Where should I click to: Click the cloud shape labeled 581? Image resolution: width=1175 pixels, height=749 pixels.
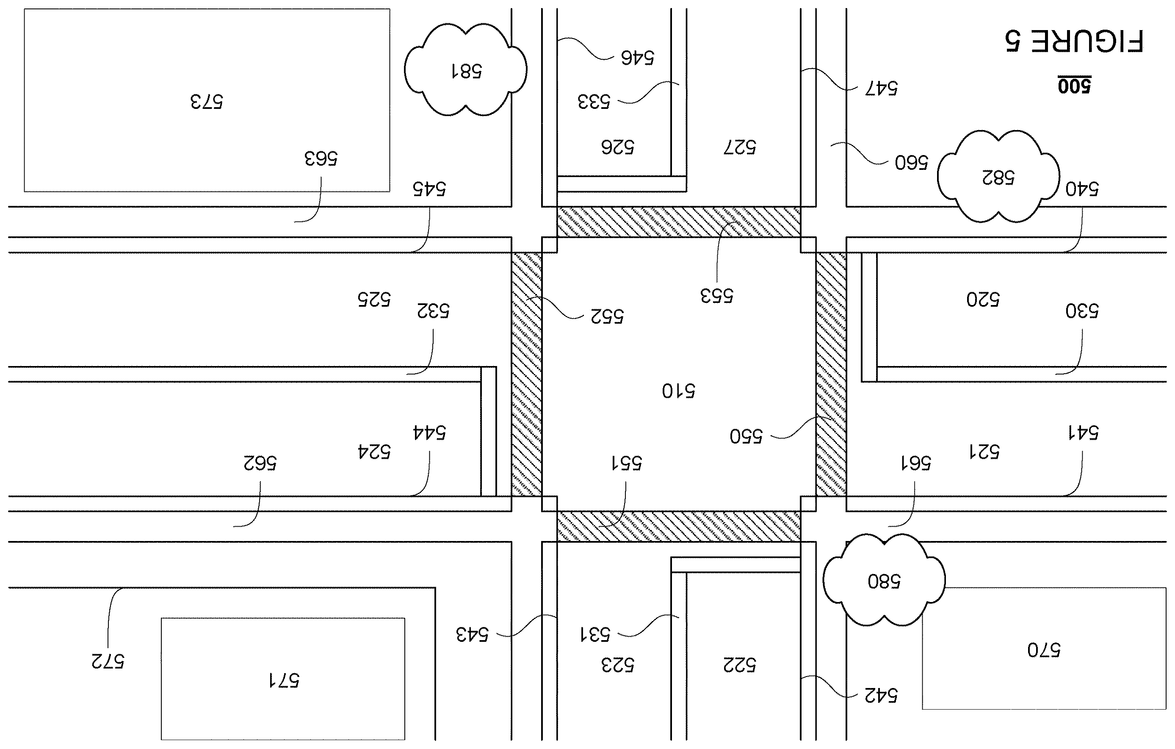coord(465,69)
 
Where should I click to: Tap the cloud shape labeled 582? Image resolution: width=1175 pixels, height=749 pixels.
coord(998,176)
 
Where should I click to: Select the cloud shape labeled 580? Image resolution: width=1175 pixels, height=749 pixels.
coord(884,580)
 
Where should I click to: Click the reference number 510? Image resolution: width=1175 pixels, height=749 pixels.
coord(678,391)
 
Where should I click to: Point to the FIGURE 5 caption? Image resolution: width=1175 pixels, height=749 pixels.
coord(1073,41)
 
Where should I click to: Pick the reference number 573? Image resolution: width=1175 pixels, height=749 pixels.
coord(206,102)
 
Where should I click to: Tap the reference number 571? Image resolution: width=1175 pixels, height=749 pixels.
coord(284,680)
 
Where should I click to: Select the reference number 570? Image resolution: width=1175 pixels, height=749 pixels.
coord(1044,650)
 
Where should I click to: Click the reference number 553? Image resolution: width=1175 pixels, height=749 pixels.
coord(717,295)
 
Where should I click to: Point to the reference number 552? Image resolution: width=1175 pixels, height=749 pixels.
coord(607,316)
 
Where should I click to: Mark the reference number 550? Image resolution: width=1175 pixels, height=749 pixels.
coord(746,436)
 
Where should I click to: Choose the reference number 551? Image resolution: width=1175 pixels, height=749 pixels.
coord(627,462)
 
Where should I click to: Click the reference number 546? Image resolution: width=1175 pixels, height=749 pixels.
coord(637,58)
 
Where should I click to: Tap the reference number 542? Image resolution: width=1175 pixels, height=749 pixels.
coord(881,695)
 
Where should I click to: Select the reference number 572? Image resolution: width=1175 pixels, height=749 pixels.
coord(108,660)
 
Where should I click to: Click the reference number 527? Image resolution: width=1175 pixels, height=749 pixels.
coord(740,147)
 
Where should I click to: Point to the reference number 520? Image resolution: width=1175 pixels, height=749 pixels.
coord(983,299)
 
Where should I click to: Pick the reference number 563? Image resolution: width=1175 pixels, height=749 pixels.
coord(321,158)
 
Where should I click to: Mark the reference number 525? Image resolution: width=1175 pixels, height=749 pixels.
coord(374,299)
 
